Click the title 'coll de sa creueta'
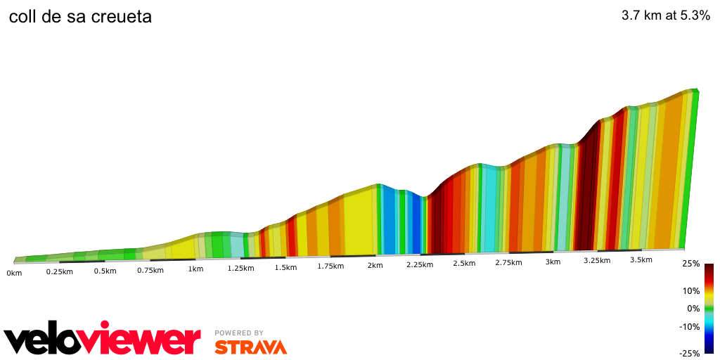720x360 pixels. tap(80, 16)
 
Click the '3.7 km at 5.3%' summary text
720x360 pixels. tap(666, 16)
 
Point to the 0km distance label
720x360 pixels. tap(14, 272)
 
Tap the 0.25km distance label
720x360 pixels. tap(60, 271)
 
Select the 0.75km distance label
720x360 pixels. tap(150, 270)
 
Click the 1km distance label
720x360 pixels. tap(195, 269)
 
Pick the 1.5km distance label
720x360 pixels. tap(285, 268)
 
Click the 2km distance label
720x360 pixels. tap(375, 265)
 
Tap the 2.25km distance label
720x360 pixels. tap(420, 264)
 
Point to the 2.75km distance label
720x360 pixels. tap(508, 262)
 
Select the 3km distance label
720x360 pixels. tap(553, 262)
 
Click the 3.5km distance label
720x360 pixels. tap(641, 259)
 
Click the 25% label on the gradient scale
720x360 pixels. tap(691, 264)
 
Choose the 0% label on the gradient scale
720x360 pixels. tap(693, 308)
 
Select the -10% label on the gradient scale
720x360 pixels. tap(690, 326)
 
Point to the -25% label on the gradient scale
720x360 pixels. tap(690, 353)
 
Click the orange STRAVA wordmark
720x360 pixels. tap(250, 347)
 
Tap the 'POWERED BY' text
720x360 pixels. tap(239, 333)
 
